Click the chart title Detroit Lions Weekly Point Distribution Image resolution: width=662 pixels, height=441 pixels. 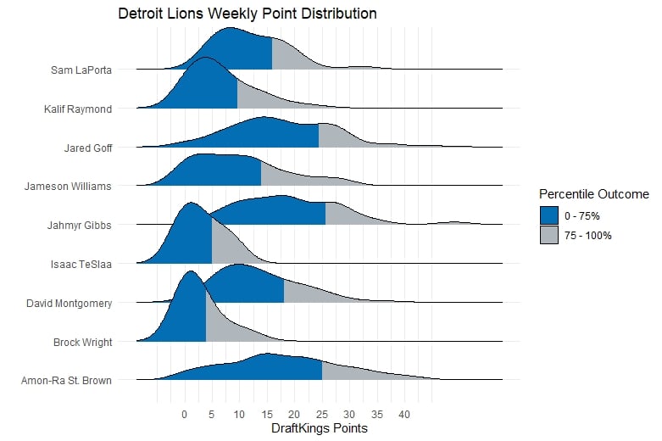tap(248, 14)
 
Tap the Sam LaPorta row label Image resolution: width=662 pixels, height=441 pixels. tap(81, 70)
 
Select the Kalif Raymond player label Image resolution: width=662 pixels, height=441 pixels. tap(78, 109)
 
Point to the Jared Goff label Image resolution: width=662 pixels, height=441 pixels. tap(88, 148)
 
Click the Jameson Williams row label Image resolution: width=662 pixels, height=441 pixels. tap(69, 186)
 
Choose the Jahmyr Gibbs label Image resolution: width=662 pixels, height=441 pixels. tap(81, 225)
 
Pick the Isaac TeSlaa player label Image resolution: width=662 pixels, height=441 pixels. tap(81, 264)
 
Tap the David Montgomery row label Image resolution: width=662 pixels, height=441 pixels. tap(70, 303)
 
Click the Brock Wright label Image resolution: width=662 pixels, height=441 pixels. tap(82, 342)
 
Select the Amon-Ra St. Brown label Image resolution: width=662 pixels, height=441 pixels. tap(66, 381)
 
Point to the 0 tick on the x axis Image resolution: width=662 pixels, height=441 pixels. tap(184, 415)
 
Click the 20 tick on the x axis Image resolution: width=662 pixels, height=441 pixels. tap(294, 415)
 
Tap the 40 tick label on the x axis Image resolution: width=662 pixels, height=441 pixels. tap(404, 415)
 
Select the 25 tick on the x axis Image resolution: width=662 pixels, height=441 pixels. tap(322, 415)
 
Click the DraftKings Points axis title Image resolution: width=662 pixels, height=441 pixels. tap(320, 429)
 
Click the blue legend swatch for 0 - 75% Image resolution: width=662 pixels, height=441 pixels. tap(549, 215)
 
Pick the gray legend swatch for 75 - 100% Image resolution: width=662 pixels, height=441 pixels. tap(549, 235)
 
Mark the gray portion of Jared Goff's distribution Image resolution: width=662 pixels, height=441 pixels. tap(332, 138)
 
